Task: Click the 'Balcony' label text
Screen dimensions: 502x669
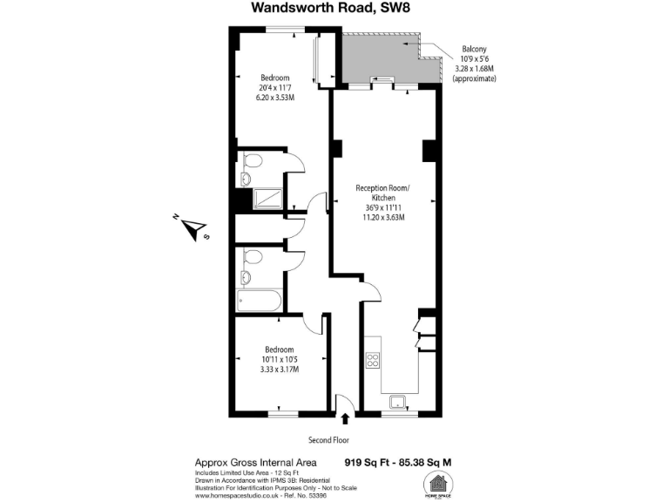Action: pyautogui.click(x=474, y=50)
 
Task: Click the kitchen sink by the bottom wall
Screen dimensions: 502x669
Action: pyautogui.click(x=399, y=402)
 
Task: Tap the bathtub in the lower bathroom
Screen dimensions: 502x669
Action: pyautogui.click(x=259, y=302)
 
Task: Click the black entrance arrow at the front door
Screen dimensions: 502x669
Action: pyautogui.click(x=346, y=420)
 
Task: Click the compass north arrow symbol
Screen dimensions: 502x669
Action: pyautogui.click(x=191, y=229)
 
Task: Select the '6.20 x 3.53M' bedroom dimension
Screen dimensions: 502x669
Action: pyautogui.click(x=274, y=98)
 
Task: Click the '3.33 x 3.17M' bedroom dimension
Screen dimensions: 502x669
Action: pyautogui.click(x=279, y=370)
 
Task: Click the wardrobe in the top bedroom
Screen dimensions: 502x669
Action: pyautogui.click(x=323, y=60)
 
